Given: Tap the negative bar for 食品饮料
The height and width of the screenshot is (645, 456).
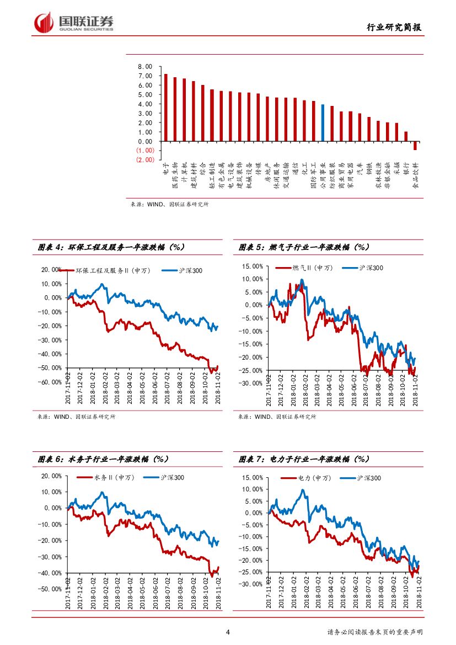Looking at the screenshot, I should (x=415, y=146).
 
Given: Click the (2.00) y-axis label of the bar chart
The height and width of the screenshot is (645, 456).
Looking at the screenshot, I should (x=145, y=159).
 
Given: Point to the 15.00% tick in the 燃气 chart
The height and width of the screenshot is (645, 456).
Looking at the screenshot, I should (x=253, y=266).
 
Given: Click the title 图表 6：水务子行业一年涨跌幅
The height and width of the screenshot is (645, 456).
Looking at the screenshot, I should (x=103, y=459).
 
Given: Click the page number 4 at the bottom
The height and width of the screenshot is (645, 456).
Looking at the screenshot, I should (x=228, y=632).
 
